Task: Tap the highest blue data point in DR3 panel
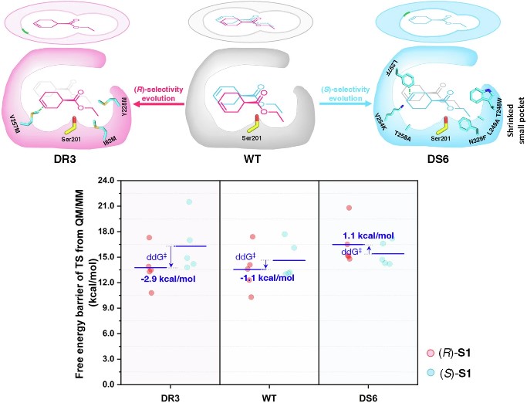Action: [189, 202]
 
